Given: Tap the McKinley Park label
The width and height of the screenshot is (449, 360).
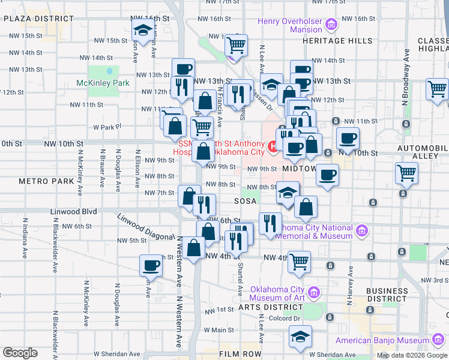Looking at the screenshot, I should tap(103, 83).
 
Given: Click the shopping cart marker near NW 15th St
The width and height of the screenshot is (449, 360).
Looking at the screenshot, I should tap(237, 44).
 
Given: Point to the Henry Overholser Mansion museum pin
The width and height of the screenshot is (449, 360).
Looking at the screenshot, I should tap(331, 25).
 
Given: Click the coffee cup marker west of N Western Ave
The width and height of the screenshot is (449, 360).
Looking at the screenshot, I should tap(151, 265).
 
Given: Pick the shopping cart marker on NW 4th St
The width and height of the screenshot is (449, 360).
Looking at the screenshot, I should tap(300, 262).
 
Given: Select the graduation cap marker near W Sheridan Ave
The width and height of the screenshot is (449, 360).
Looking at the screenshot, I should tap(300, 337).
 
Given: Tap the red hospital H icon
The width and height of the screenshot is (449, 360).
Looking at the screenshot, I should tap(273, 145).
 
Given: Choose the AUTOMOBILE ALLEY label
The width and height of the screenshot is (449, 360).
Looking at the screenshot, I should tap(423, 151).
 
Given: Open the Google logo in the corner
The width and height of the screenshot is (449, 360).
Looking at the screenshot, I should tap(20, 353).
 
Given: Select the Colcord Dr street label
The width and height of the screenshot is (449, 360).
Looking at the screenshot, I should tap(284, 319).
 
